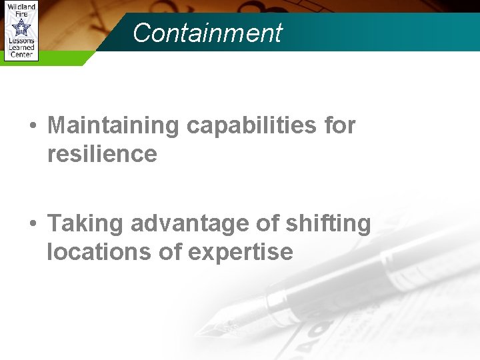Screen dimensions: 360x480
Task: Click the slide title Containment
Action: (207, 32)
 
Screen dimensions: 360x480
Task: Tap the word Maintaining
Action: (113, 125)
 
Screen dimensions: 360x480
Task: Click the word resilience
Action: (102, 154)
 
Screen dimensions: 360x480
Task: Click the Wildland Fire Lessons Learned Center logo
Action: (21, 31)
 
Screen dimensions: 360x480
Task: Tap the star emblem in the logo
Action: (21, 28)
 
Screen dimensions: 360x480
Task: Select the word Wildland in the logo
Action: (21, 7)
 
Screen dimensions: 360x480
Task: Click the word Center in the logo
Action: (21, 54)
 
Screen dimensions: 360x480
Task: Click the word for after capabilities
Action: (339, 125)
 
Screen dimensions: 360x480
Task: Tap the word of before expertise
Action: (174, 252)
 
